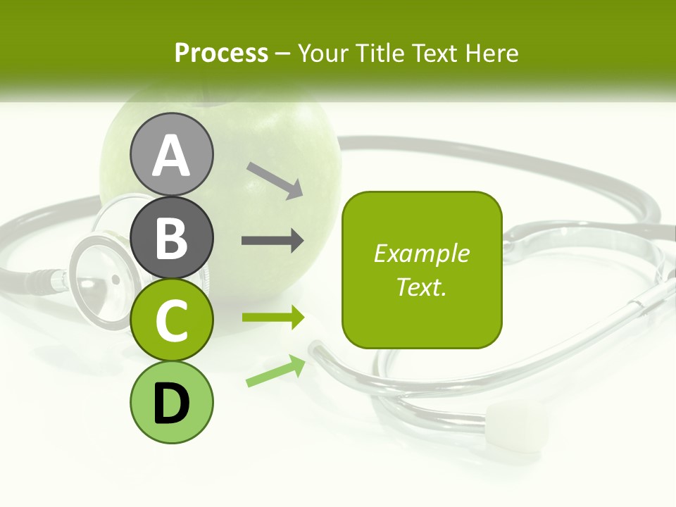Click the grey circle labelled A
pyautogui.click(x=171, y=155)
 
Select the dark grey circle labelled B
pyautogui.click(x=171, y=238)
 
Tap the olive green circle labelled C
pyautogui.click(x=171, y=320)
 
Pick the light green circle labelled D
pyautogui.click(x=171, y=402)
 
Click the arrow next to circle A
pyautogui.click(x=275, y=180)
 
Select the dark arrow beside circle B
pyautogui.click(x=273, y=241)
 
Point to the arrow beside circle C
pyautogui.click(x=273, y=318)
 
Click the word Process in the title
pyautogui.click(x=221, y=54)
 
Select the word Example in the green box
pyautogui.click(x=422, y=254)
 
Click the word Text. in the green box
pyautogui.click(x=422, y=287)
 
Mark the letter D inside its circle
pyautogui.click(x=171, y=403)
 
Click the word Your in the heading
pyautogui.click(x=323, y=54)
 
